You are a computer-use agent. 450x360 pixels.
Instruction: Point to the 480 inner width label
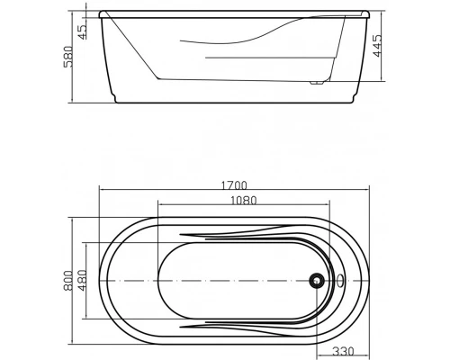82,281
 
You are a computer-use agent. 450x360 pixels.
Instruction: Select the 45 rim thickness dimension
84,31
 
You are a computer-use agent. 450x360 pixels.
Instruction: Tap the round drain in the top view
316,280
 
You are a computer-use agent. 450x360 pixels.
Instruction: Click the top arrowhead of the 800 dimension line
75,218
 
